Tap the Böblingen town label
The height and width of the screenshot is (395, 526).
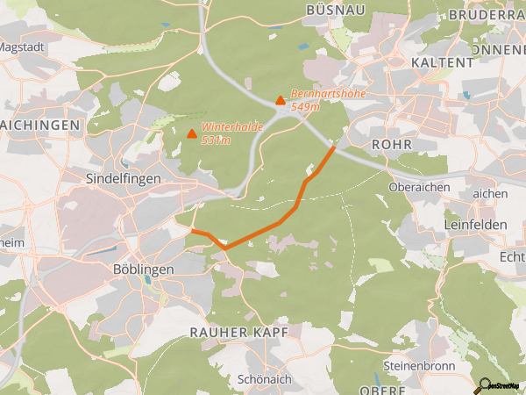145,269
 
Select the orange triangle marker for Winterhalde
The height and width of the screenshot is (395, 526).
192,133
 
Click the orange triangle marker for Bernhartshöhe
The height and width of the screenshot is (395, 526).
280,100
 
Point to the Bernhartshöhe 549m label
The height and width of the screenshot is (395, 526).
328,99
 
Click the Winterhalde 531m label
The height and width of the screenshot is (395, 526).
232,133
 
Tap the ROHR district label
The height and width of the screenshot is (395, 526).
391,144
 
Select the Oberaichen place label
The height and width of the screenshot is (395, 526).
419,187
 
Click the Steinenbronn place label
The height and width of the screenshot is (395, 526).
416,363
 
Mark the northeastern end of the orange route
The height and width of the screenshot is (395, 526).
334,147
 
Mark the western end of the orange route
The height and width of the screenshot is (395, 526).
192,231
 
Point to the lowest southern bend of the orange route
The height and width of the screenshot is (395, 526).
225,248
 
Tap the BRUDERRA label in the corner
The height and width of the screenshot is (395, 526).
486,15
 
